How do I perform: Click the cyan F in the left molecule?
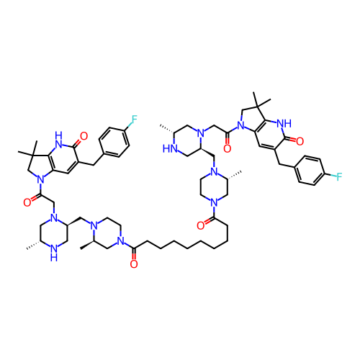coord(134,120)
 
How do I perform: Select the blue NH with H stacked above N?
coord(58,138)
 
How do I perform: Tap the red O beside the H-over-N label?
coord(84,136)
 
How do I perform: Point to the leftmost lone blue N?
coord(40,179)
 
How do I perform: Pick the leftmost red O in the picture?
coord(27,203)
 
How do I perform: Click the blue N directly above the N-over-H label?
coord(53,216)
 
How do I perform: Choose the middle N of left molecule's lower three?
coord(94,226)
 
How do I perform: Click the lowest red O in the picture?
coord(133,264)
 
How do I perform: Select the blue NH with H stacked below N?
coord(53,251)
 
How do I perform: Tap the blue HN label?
coord(171,148)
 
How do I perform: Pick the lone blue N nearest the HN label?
coord(199,133)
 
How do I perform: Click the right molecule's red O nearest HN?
coord(227,149)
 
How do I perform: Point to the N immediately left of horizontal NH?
coord(241,124)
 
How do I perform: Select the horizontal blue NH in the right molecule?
coord(284,124)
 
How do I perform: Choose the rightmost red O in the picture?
coord(300,141)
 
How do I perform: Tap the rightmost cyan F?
coord(338,177)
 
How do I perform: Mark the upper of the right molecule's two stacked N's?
coord(213,171)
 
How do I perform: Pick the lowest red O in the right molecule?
coord(200,226)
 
